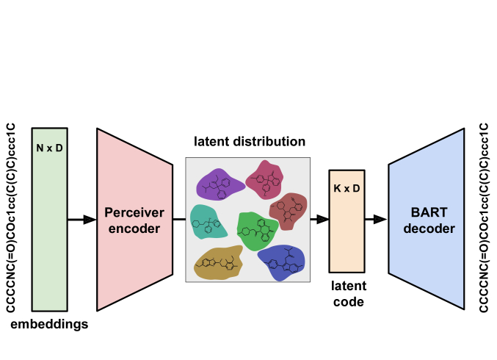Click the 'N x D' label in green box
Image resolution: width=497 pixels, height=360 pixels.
[49, 148]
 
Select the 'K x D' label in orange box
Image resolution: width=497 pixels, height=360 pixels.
[347, 189]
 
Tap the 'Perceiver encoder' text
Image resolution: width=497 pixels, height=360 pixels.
[132, 219]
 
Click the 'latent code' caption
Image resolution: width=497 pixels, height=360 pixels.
[347, 293]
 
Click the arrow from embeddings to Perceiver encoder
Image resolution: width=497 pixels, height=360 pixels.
[81, 219]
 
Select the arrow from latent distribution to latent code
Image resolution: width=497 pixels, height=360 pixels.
[319, 219]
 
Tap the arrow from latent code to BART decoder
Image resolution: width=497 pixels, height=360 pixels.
[376, 219]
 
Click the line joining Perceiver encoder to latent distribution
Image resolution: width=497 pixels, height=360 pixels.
[178, 219]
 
